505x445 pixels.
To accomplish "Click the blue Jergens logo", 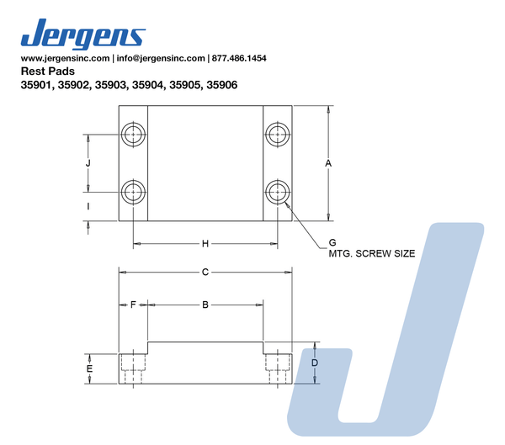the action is [x=83, y=34].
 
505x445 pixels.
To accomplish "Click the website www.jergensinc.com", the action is [x=65, y=58].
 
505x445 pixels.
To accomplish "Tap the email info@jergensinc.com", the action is [x=161, y=58].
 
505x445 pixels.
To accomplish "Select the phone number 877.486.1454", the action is [x=239, y=58].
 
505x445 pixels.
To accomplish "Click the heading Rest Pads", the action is [x=48, y=71].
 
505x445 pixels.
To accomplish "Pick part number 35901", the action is [x=37, y=85].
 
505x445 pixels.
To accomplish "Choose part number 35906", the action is [x=222, y=85].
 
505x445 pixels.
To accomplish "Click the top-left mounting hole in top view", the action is [x=133, y=135].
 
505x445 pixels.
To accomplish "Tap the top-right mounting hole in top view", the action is [x=278, y=135].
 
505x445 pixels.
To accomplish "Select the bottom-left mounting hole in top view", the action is [x=133, y=193].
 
